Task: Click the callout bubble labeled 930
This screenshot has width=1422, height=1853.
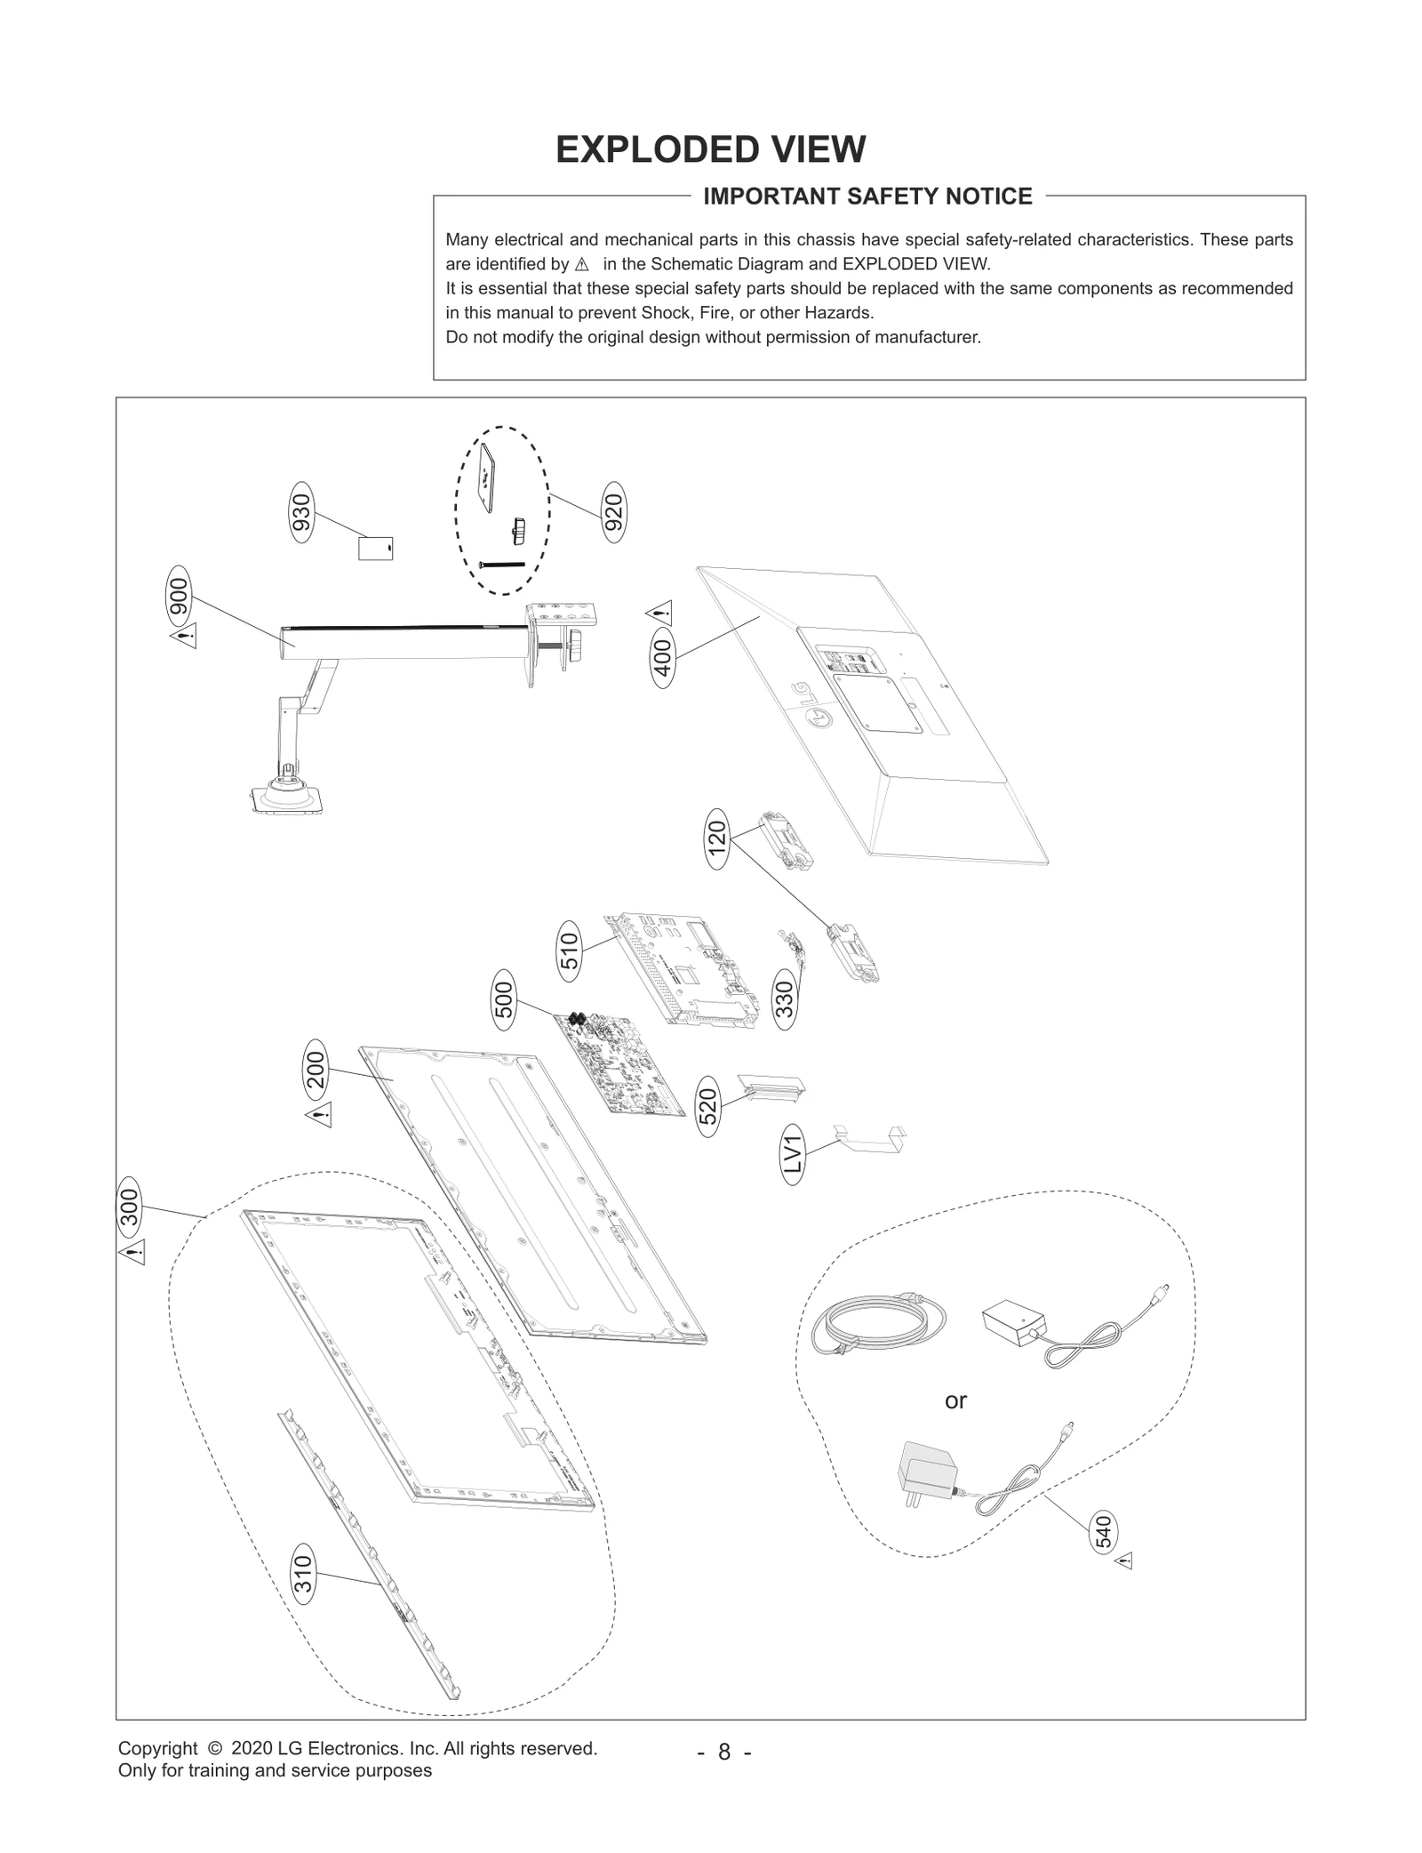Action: point(303,514)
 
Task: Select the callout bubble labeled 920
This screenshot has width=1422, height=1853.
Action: point(613,509)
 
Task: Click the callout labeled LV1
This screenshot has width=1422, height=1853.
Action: point(794,1155)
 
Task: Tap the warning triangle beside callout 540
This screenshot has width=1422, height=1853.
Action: point(1124,1561)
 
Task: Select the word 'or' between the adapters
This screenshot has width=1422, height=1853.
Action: point(955,1400)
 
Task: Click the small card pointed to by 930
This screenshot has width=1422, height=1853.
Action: point(375,548)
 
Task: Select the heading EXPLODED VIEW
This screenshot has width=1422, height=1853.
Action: point(710,149)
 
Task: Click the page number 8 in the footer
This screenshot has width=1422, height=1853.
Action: point(724,1753)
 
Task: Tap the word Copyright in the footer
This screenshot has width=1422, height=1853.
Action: point(157,1748)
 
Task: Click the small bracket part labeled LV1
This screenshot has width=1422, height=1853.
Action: point(870,1140)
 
